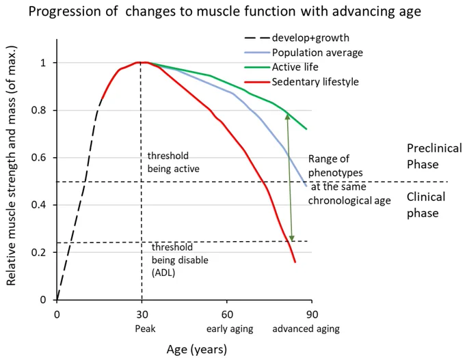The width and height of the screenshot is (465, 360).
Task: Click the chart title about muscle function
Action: pos(224,12)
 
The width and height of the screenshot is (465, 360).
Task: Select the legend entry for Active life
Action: pos(281,67)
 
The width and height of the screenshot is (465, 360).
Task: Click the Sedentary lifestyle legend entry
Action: pos(302,82)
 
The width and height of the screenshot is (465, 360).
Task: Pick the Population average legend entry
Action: pos(304,53)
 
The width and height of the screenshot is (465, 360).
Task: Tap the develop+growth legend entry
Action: pos(297,38)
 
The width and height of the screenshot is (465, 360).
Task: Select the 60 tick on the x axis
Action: pos(227,314)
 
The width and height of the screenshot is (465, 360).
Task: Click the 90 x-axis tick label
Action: pos(312,314)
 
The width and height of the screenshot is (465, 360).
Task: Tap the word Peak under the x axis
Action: pos(145,329)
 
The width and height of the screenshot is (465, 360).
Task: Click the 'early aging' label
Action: pos(230,329)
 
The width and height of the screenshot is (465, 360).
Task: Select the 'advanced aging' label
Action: pos(306,329)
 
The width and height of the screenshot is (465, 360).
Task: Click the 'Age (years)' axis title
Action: pos(197,350)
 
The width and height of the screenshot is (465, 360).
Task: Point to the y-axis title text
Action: pos(11,165)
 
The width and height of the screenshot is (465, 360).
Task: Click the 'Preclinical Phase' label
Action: pos(434,156)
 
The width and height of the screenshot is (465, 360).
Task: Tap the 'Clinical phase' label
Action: pos(426,205)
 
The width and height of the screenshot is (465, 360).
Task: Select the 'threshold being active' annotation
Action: pos(174,163)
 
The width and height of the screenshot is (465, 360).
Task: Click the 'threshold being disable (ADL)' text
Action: pos(180,260)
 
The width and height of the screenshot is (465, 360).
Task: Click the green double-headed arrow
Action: pos(289,178)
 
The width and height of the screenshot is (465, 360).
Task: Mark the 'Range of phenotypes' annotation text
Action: pos(349,180)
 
